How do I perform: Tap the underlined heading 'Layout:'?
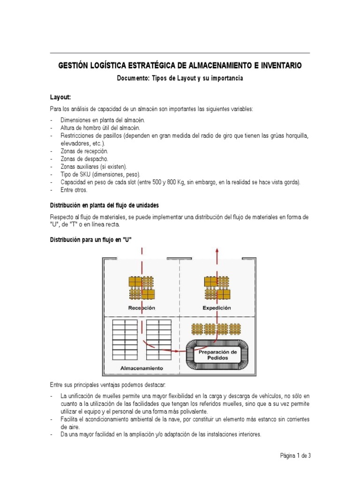pos(60,97)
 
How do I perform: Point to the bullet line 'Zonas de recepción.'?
pos(84,151)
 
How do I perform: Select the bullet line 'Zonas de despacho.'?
pos(84,159)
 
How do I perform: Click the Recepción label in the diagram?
pos(142,308)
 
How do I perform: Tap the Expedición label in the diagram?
pos(217,308)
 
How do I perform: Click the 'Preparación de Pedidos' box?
pos(217,354)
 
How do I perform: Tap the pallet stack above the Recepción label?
pos(142,288)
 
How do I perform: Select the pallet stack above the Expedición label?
pos(217,288)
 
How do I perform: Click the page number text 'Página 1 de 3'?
pos(295,455)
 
